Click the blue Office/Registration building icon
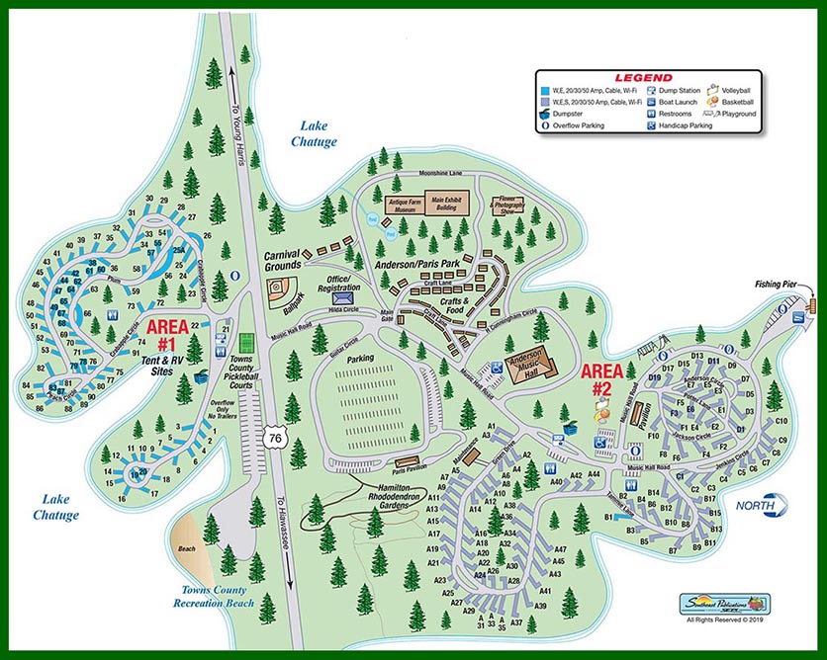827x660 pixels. tap(343, 297)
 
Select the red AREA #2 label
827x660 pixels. tap(602, 380)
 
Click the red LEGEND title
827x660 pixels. tap(643, 77)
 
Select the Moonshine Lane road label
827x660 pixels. tap(418, 172)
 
